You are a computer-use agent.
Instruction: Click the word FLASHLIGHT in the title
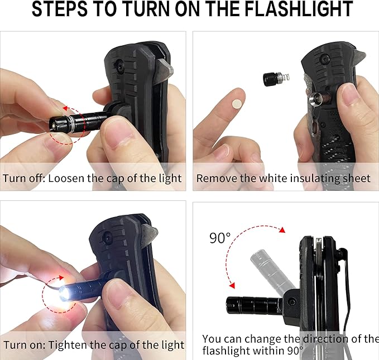coord(299,9)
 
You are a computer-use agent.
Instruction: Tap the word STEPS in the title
coord(59,9)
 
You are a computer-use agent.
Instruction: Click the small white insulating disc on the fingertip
coord(237,104)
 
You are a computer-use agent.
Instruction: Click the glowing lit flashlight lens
coord(64,294)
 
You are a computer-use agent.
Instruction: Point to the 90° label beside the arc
coord(220,238)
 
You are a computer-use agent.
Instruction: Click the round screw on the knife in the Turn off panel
coord(119,66)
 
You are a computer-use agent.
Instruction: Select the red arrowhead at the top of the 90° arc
coord(282,230)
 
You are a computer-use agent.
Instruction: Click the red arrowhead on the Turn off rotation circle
coord(65,108)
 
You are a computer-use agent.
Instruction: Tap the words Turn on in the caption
coord(24,345)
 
